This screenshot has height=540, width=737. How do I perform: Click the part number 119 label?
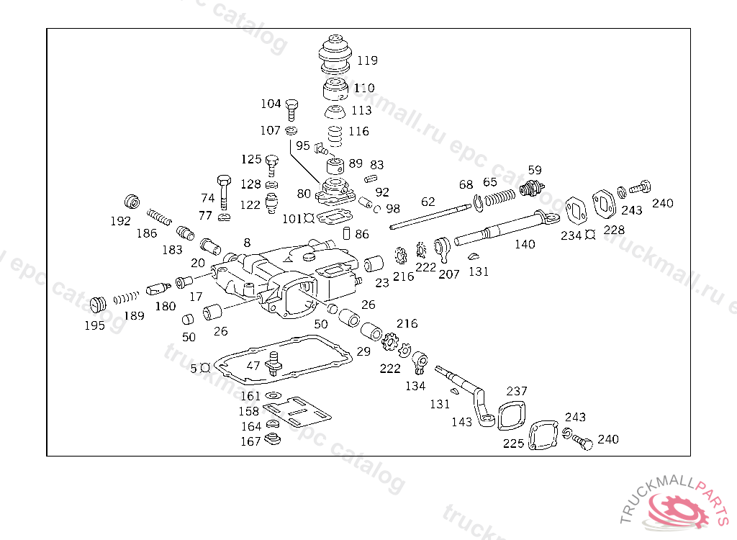point(367,60)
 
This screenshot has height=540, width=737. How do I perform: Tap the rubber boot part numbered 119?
point(336,53)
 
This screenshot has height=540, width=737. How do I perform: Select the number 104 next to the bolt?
point(271,104)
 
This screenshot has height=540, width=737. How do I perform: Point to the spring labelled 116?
point(334,135)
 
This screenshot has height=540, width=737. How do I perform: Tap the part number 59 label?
point(534,171)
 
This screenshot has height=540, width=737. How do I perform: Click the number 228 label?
point(615,230)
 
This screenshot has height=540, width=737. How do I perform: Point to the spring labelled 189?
point(127,296)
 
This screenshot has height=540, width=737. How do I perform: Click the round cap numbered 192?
point(131,202)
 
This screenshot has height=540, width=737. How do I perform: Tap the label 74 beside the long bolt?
point(207,198)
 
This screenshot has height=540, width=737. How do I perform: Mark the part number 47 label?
point(253,365)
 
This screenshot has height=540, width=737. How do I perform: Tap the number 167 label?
point(250,441)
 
